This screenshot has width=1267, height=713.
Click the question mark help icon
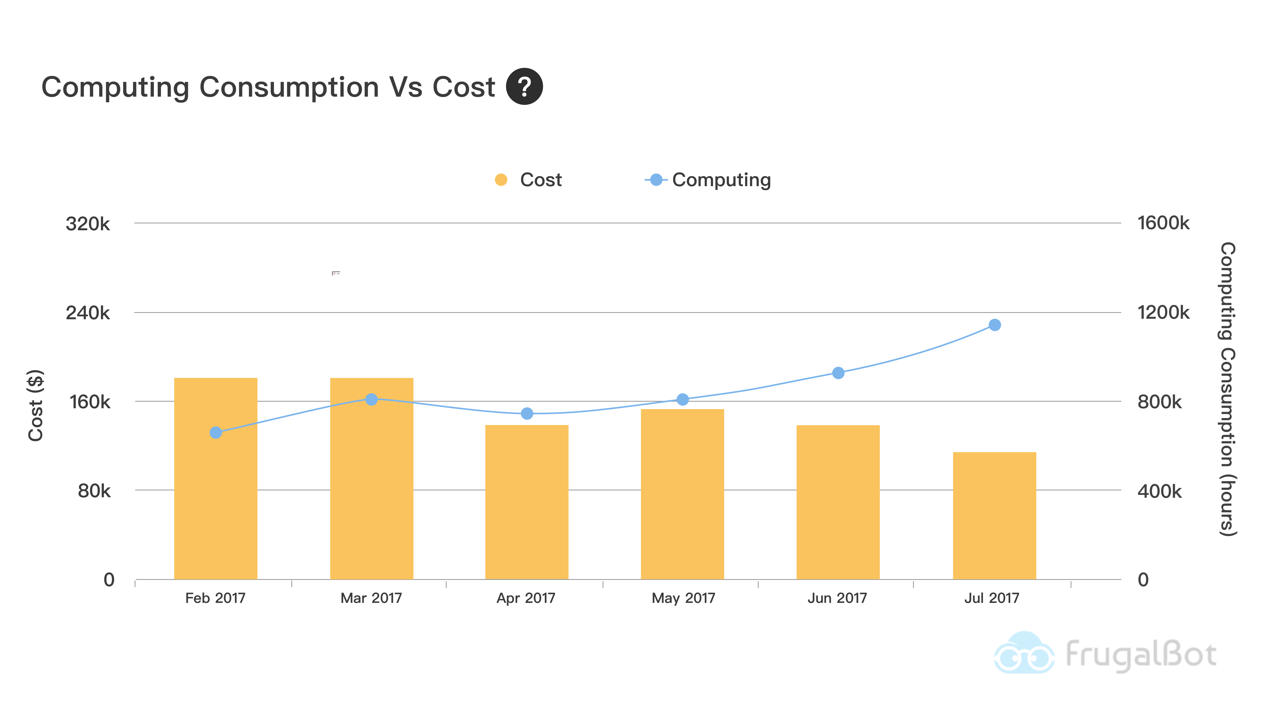coord(524,87)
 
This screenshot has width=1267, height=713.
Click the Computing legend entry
coord(708,180)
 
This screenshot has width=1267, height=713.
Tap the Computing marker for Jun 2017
coord(838,373)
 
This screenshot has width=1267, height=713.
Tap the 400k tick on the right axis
coord(1159,491)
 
